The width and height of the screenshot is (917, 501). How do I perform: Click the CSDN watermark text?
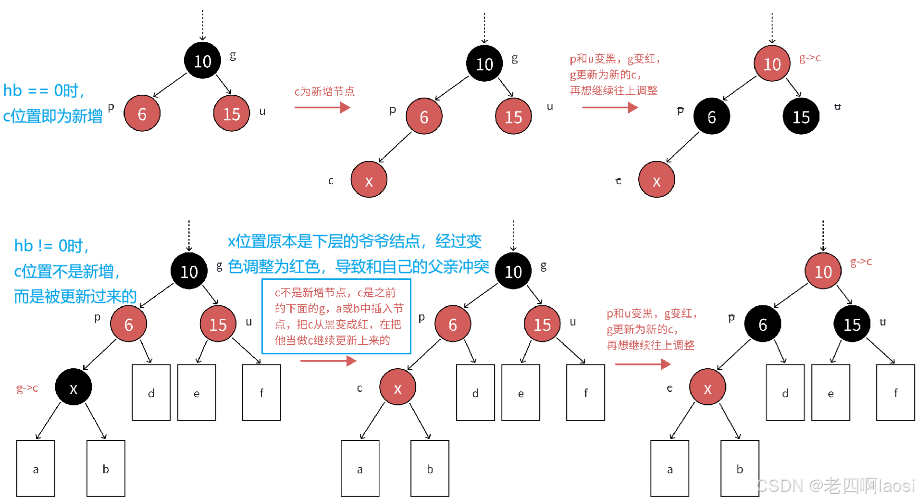pos(834,485)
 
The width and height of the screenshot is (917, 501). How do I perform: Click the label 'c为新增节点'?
pos(324,91)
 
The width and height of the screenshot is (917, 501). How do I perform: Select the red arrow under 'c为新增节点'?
pos(322,107)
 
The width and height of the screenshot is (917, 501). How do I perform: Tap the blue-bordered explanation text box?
pos(336,316)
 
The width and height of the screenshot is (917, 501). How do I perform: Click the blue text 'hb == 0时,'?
pos(44,90)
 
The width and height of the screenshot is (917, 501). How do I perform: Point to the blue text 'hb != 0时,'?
pos(51,246)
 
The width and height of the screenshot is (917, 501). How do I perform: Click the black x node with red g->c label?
pos(74,388)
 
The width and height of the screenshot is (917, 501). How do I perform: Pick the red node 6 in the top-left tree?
pos(142,113)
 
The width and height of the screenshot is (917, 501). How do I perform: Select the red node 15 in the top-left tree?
pos(232,113)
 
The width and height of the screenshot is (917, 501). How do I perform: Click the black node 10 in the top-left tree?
pos(202,61)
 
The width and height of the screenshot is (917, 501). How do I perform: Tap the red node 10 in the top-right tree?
pos(772,64)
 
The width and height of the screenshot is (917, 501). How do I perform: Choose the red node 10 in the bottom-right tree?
pos(823,272)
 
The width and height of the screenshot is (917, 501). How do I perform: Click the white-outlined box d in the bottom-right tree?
pos(785,393)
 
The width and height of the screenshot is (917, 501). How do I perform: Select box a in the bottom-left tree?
pos(36,468)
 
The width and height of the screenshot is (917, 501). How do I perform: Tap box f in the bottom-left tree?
pos(262,393)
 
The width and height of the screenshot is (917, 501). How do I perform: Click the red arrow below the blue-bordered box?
pos(329,361)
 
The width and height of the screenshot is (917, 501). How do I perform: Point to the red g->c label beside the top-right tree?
pos(810,58)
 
